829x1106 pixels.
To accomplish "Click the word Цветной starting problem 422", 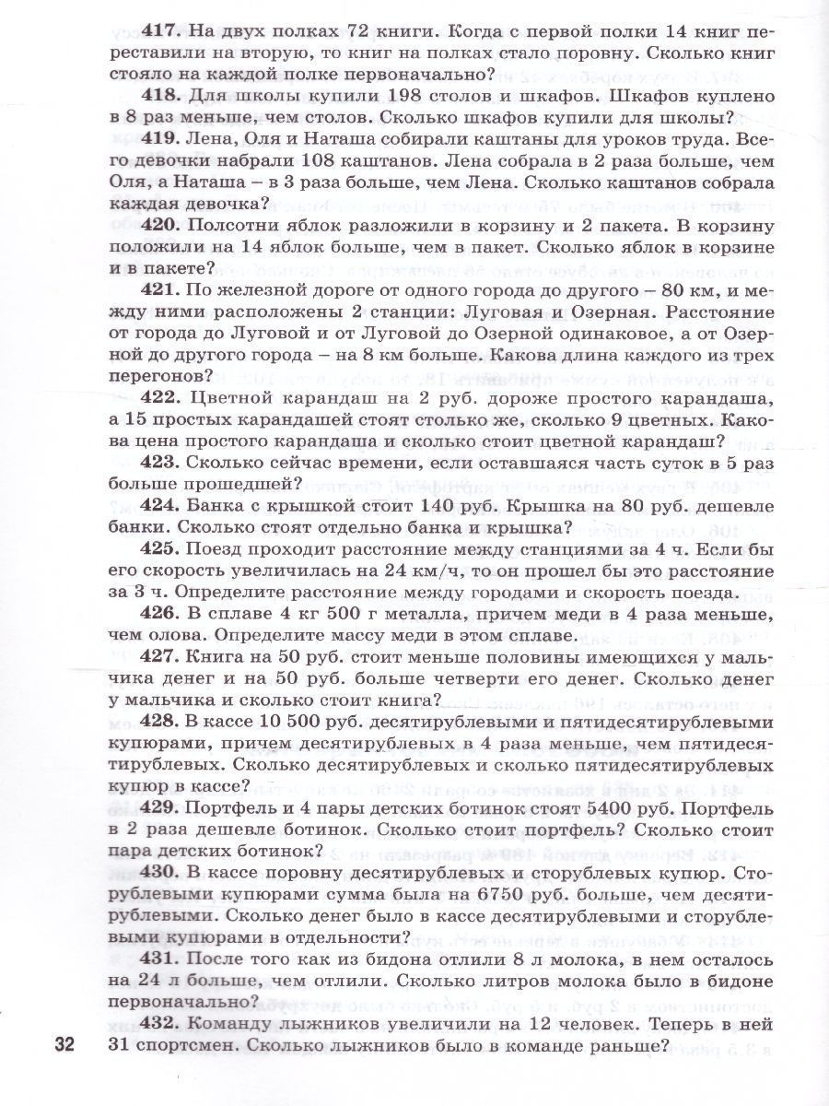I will click(230, 398).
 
